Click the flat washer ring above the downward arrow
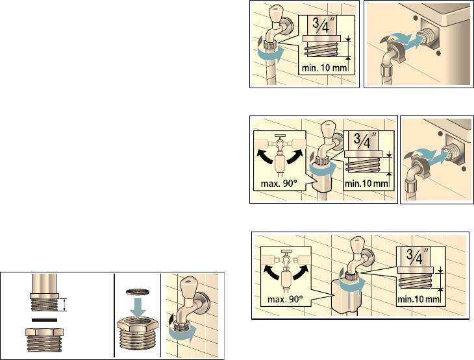(137, 291)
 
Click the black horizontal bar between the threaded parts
(44, 320)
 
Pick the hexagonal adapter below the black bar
(44, 341)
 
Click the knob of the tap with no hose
(189, 285)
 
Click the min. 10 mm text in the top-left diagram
(324, 67)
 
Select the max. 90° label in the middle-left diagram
(277, 183)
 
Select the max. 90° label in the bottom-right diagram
(285, 299)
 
